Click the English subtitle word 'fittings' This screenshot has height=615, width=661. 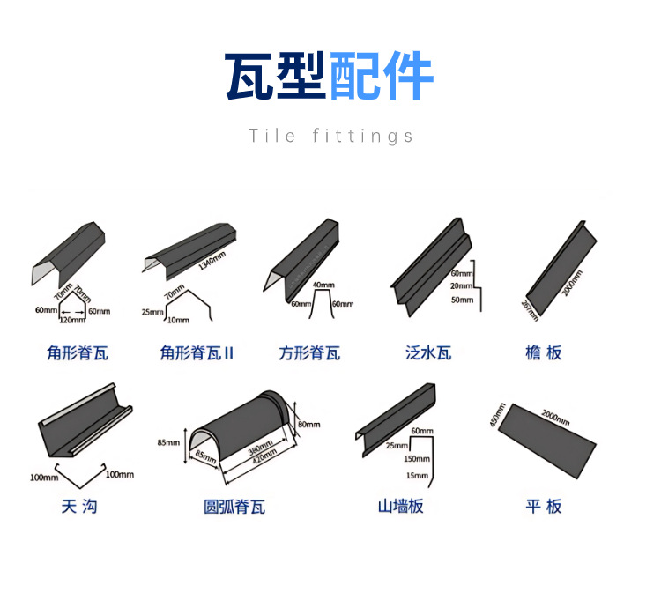click(x=363, y=136)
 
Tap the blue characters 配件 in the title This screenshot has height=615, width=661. click(x=381, y=78)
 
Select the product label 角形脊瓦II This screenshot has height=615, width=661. click(x=197, y=353)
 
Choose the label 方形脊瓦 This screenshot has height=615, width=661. click(x=309, y=353)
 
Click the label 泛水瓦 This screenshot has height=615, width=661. click(x=428, y=353)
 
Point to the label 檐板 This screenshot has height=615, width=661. click(x=543, y=353)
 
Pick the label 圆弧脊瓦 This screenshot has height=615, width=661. click(x=234, y=507)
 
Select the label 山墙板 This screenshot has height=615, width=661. click(x=401, y=507)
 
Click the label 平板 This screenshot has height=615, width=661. click(x=543, y=506)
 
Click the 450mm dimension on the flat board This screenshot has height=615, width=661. click(x=496, y=415)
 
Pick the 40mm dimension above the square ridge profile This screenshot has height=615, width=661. click(x=323, y=285)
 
